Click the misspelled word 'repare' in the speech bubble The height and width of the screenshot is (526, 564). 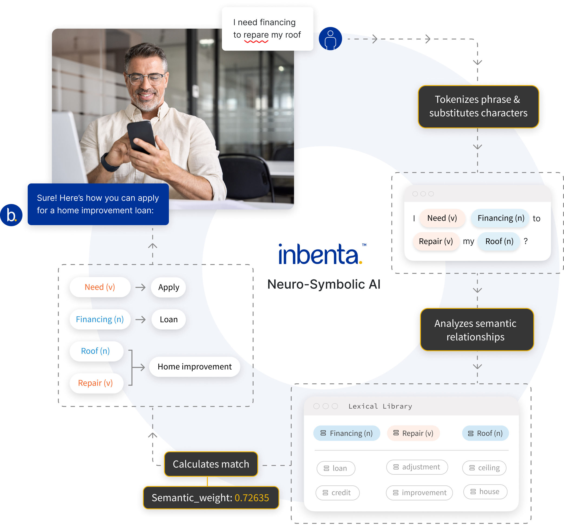pos(256,35)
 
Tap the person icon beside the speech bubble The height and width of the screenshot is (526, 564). pos(330,40)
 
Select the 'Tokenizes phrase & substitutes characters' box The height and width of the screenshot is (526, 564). pos(478,106)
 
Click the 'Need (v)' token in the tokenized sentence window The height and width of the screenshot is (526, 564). pos(442,218)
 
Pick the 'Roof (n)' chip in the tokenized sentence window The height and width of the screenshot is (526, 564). pos(499,241)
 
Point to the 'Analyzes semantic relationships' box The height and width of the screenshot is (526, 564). pos(477,330)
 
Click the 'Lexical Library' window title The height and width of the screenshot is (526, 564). pos(380,406)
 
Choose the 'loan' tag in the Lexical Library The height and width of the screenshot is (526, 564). pos(336,468)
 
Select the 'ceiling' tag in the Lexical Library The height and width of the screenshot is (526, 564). pos(484,468)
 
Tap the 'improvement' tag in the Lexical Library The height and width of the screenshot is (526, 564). pos(419,492)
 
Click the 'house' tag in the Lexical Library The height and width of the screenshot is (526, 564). pos(485,491)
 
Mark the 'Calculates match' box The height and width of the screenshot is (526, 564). pos(211,464)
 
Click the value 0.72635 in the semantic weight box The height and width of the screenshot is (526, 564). pos(252,498)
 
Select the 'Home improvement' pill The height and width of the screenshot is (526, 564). pos(195,367)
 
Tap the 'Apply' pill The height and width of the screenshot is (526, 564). pos(169,287)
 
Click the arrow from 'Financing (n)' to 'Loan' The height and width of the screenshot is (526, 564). pos(140,320)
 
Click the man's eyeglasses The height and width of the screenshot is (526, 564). pos(145,78)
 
